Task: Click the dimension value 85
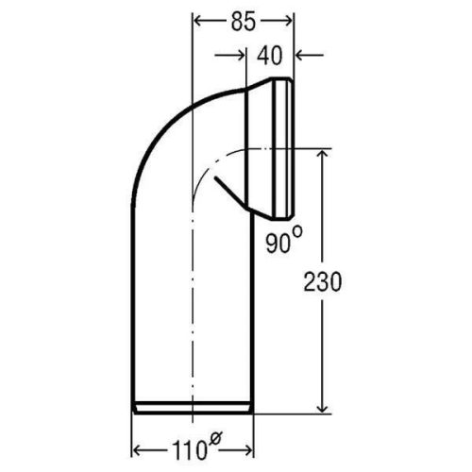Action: tap(244, 23)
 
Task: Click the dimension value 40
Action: tap(270, 56)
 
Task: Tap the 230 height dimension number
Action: tap(322, 282)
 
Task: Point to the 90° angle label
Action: tap(284, 240)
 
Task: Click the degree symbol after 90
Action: tap(296, 232)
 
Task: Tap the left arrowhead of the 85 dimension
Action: tap(197, 22)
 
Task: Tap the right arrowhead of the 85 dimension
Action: tap(288, 22)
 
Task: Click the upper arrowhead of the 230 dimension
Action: tap(323, 155)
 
